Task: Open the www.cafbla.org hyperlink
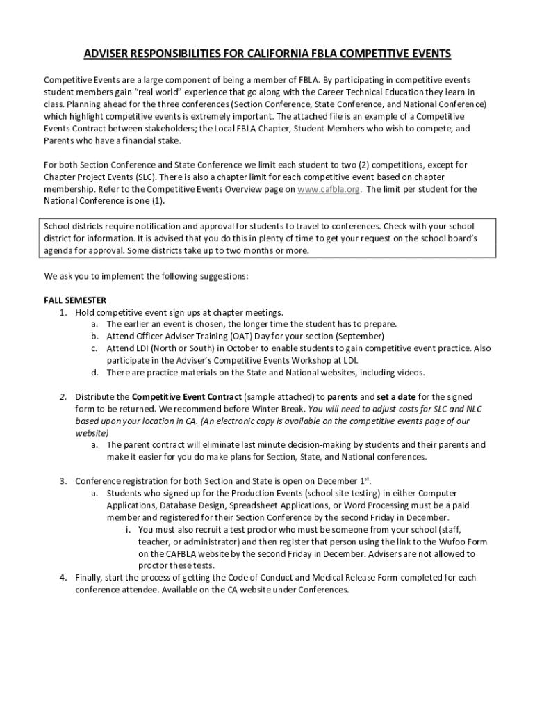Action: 328,190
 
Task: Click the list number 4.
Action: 63,578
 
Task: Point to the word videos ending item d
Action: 408,373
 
